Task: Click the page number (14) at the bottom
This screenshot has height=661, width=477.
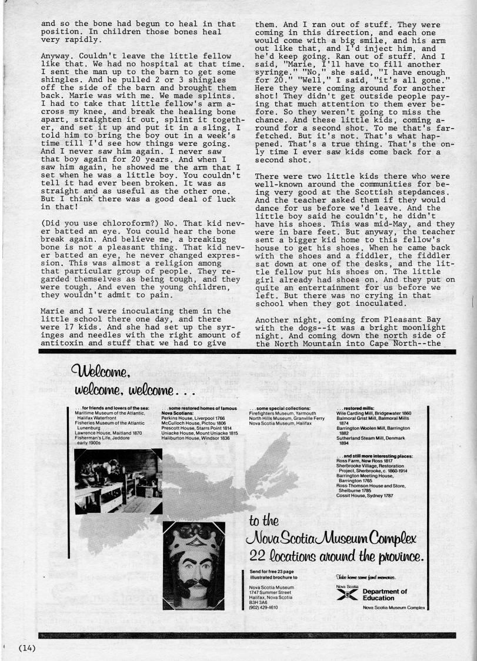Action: coord(27,648)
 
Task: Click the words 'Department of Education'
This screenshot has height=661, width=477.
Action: coord(385,595)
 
